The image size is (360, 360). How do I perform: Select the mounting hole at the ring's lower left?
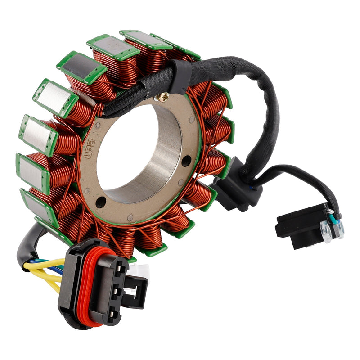(x=100, y=202)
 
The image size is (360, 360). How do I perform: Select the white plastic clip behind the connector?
(x=140, y=270)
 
